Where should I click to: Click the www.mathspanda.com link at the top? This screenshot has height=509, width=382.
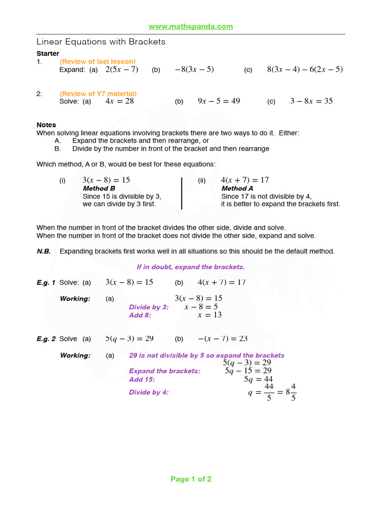point(191,26)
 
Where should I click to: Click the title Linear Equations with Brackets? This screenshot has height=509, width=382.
point(101,42)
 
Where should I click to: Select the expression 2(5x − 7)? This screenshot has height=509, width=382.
point(122,70)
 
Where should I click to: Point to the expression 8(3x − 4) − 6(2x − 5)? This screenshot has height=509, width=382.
point(305,70)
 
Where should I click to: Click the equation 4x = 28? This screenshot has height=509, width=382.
point(119,101)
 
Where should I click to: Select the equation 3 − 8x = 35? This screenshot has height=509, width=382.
point(311,101)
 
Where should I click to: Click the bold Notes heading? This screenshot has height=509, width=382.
point(46,125)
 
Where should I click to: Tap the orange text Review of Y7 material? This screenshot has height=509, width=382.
point(98,93)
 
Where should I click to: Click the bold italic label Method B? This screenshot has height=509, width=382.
point(99,188)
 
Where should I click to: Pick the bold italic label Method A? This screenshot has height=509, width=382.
point(237,188)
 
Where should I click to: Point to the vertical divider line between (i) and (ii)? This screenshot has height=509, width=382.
point(182,193)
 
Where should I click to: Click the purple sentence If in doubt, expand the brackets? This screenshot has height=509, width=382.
point(191,267)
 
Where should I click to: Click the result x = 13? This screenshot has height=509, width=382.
point(209,315)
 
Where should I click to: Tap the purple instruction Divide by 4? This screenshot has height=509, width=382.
point(149,392)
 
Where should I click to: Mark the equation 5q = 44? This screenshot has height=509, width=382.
point(258,379)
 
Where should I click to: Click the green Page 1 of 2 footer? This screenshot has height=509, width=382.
point(191,479)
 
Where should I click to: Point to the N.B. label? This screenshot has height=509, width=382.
point(44,251)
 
